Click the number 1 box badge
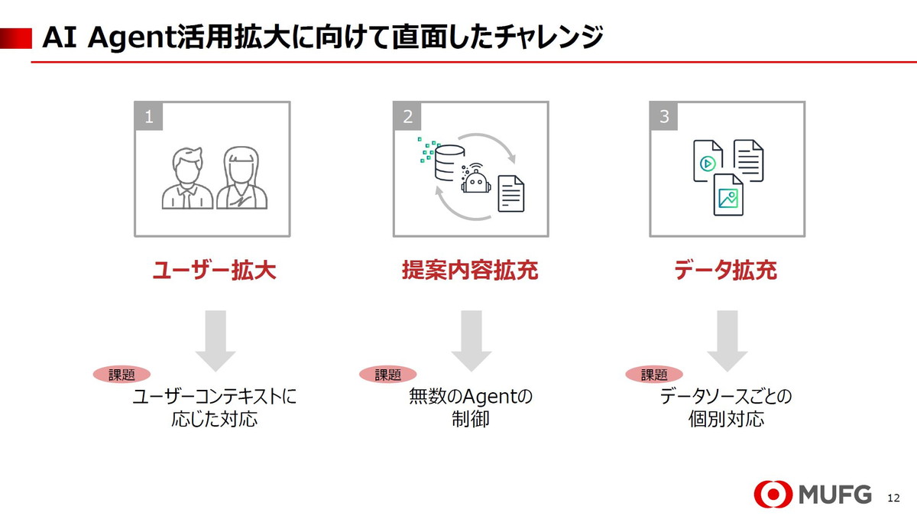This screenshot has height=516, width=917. click(148, 116)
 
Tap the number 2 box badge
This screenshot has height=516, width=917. click(407, 116)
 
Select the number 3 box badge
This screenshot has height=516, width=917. click(663, 116)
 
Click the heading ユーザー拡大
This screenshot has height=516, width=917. click(214, 271)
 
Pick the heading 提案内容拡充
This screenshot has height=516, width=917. click(470, 271)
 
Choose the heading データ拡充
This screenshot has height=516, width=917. click(725, 271)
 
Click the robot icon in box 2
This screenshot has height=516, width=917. click(475, 181)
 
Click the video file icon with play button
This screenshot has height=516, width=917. click(708, 161)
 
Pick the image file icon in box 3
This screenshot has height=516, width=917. click(728, 194)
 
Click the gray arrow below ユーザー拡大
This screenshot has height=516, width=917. click(215, 340)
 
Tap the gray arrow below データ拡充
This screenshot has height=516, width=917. click(727, 340)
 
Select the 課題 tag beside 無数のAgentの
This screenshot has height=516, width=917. click(387, 375)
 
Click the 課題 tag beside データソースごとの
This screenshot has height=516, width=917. click(654, 375)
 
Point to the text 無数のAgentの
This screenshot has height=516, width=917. click(470, 398)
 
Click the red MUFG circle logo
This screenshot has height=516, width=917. click(773, 495)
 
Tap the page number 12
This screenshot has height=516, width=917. click(894, 498)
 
